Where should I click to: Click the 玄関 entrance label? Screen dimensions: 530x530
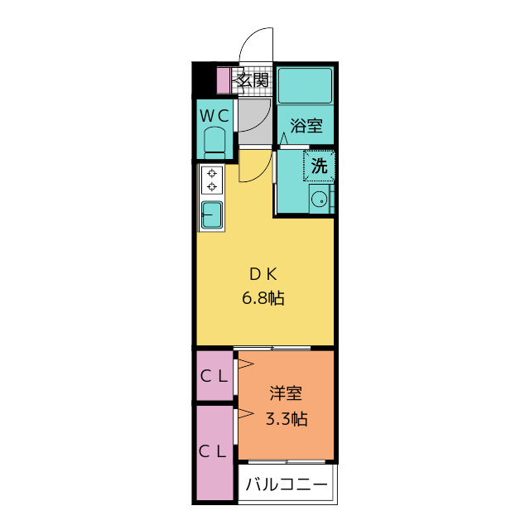point(252,80)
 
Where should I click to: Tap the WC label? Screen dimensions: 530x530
point(214,115)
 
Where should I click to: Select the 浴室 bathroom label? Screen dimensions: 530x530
point(306,127)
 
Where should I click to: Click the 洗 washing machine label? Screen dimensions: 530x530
point(319,165)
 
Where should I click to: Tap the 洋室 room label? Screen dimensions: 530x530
point(286,395)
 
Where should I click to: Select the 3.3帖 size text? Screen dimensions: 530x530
point(286,419)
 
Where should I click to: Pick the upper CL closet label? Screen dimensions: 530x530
point(214,375)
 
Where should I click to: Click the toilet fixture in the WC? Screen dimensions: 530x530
point(215,142)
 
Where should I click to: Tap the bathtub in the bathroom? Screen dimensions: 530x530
point(305,84)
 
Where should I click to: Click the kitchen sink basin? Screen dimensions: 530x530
point(212,215)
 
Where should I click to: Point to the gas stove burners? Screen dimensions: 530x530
point(212,181)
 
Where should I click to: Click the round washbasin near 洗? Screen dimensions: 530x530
point(316,199)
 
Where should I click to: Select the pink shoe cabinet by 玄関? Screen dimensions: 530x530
point(222,80)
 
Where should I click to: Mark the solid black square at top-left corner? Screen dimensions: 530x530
point(204,80)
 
